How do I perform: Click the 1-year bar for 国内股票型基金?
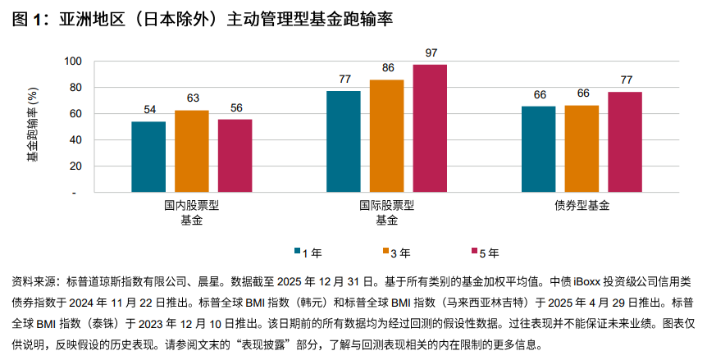[148, 157]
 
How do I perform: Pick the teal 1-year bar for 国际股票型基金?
[344, 141]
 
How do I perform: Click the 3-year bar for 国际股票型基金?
[387, 135]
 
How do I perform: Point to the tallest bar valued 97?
[430, 128]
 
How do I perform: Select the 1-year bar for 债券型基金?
[539, 149]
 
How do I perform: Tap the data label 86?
[387, 69]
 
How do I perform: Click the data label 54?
[149, 111]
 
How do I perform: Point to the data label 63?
[193, 98]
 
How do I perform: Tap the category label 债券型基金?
[582, 206]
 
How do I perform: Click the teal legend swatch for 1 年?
[297, 252]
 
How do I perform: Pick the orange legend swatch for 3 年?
[384, 252]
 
